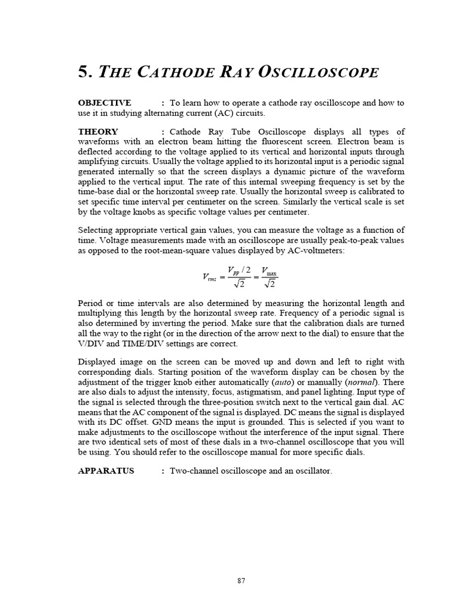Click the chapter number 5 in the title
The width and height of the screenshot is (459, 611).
pos(84,73)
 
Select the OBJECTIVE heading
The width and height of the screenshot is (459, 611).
pos(105,103)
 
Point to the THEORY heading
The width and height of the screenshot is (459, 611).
pos(98,132)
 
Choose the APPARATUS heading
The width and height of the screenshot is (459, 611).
pos(106,471)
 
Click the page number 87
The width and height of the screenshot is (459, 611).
pos(241,580)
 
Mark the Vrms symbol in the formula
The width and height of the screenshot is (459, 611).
pos(209,277)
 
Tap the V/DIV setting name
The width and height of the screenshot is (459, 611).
pos(91,343)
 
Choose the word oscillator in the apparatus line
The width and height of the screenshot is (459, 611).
pos(311,471)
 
